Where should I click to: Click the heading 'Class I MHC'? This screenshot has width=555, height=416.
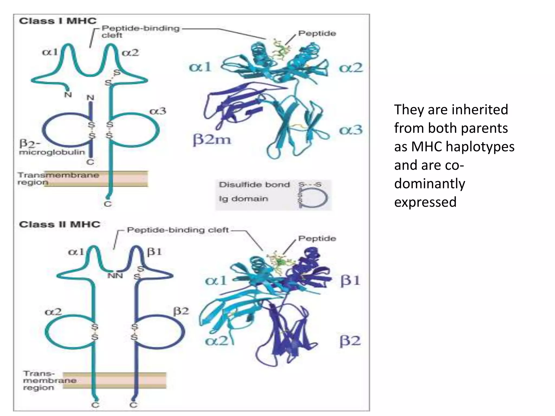click(x=58, y=21)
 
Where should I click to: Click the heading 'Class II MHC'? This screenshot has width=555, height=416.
click(x=60, y=224)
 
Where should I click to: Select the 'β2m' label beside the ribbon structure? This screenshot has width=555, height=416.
click(x=212, y=139)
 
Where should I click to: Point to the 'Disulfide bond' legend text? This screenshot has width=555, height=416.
click(x=254, y=185)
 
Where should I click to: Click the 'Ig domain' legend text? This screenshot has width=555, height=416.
click(x=243, y=199)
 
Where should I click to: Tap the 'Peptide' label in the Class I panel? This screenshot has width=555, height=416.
click(x=317, y=33)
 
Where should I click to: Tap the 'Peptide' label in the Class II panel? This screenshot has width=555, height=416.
click(x=317, y=238)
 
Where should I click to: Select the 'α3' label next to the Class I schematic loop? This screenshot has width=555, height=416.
click(x=158, y=111)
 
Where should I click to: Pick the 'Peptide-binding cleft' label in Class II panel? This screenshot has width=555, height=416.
click(x=178, y=230)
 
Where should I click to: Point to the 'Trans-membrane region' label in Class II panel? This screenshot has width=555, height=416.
click(x=49, y=381)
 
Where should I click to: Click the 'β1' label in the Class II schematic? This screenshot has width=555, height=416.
click(x=154, y=252)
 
